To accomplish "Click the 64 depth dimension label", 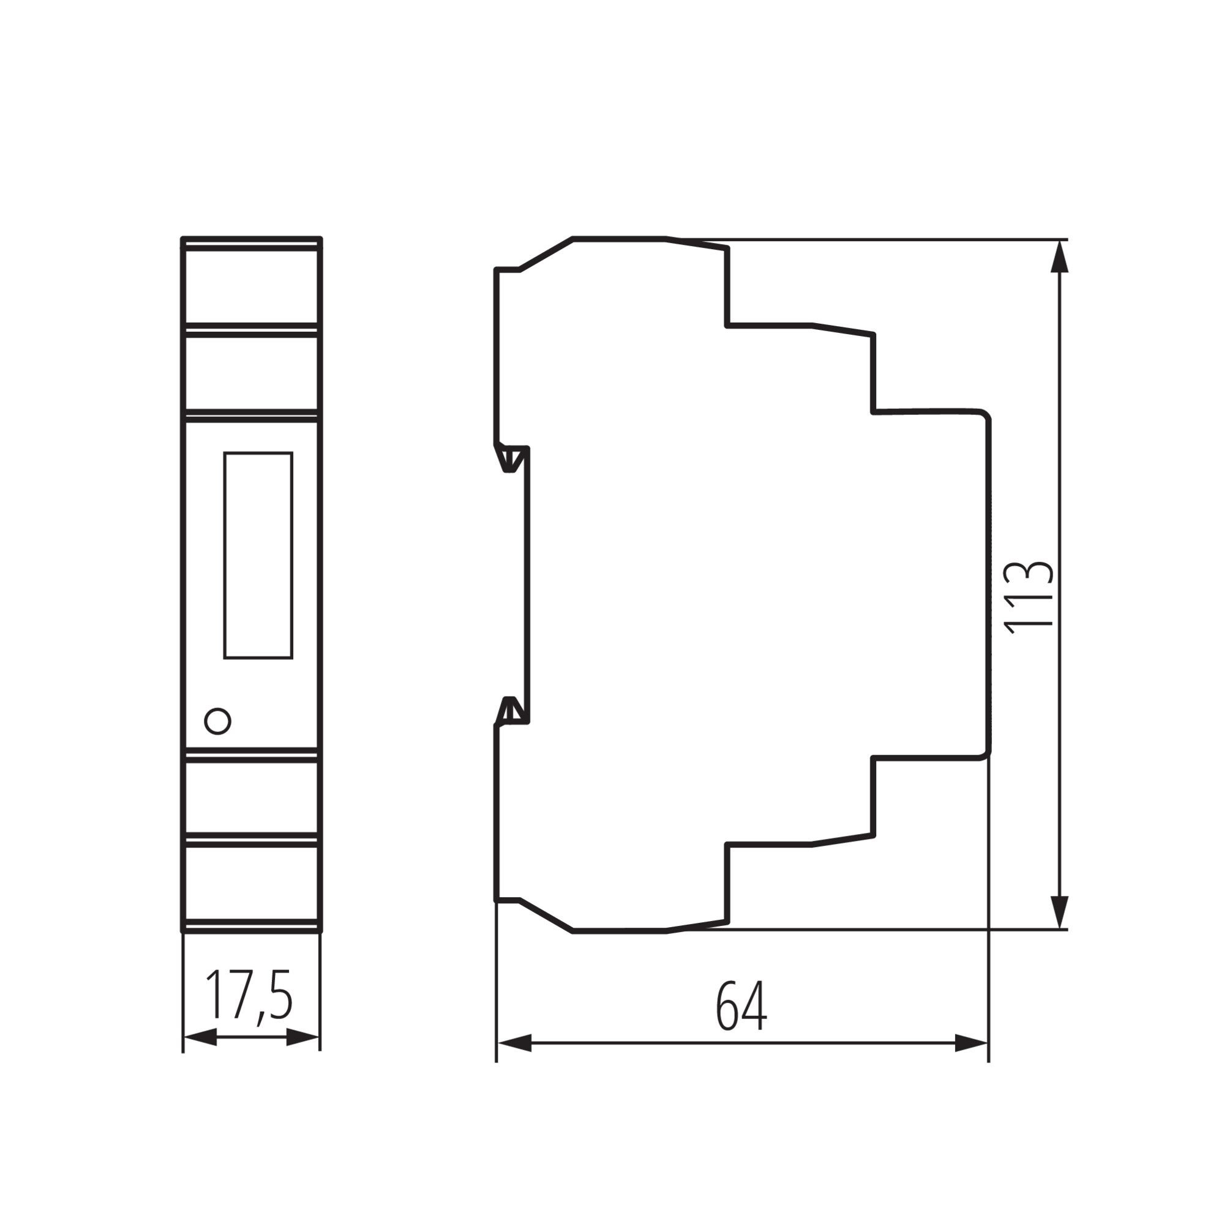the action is point(742,1007).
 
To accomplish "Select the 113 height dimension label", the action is point(1029,597).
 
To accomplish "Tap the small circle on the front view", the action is point(217,721).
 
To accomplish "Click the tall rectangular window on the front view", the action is point(258,556).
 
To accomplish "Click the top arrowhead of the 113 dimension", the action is point(1059,256).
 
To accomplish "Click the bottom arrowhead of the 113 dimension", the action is point(1059,913).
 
